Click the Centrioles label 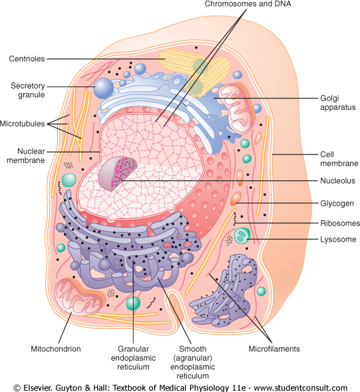(27, 59)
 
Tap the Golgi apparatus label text (338, 102)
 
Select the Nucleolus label (337, 180)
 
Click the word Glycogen (337, 204)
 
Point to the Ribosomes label (340, 223)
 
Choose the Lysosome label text (338, 239)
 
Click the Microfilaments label (274, 349)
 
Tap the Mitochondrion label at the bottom (56, 349)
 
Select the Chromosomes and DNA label (248, 4)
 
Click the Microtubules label (22, 124)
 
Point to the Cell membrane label (339, 159)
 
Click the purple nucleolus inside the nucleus (118, 174)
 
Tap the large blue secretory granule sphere (104, 88)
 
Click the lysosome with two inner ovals (242, 236)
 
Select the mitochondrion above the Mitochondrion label (79, 297)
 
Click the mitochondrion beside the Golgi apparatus (236, 108)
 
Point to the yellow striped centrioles (196, 71)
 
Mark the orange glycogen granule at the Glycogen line (236, 198)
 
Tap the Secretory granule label (28, 91)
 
